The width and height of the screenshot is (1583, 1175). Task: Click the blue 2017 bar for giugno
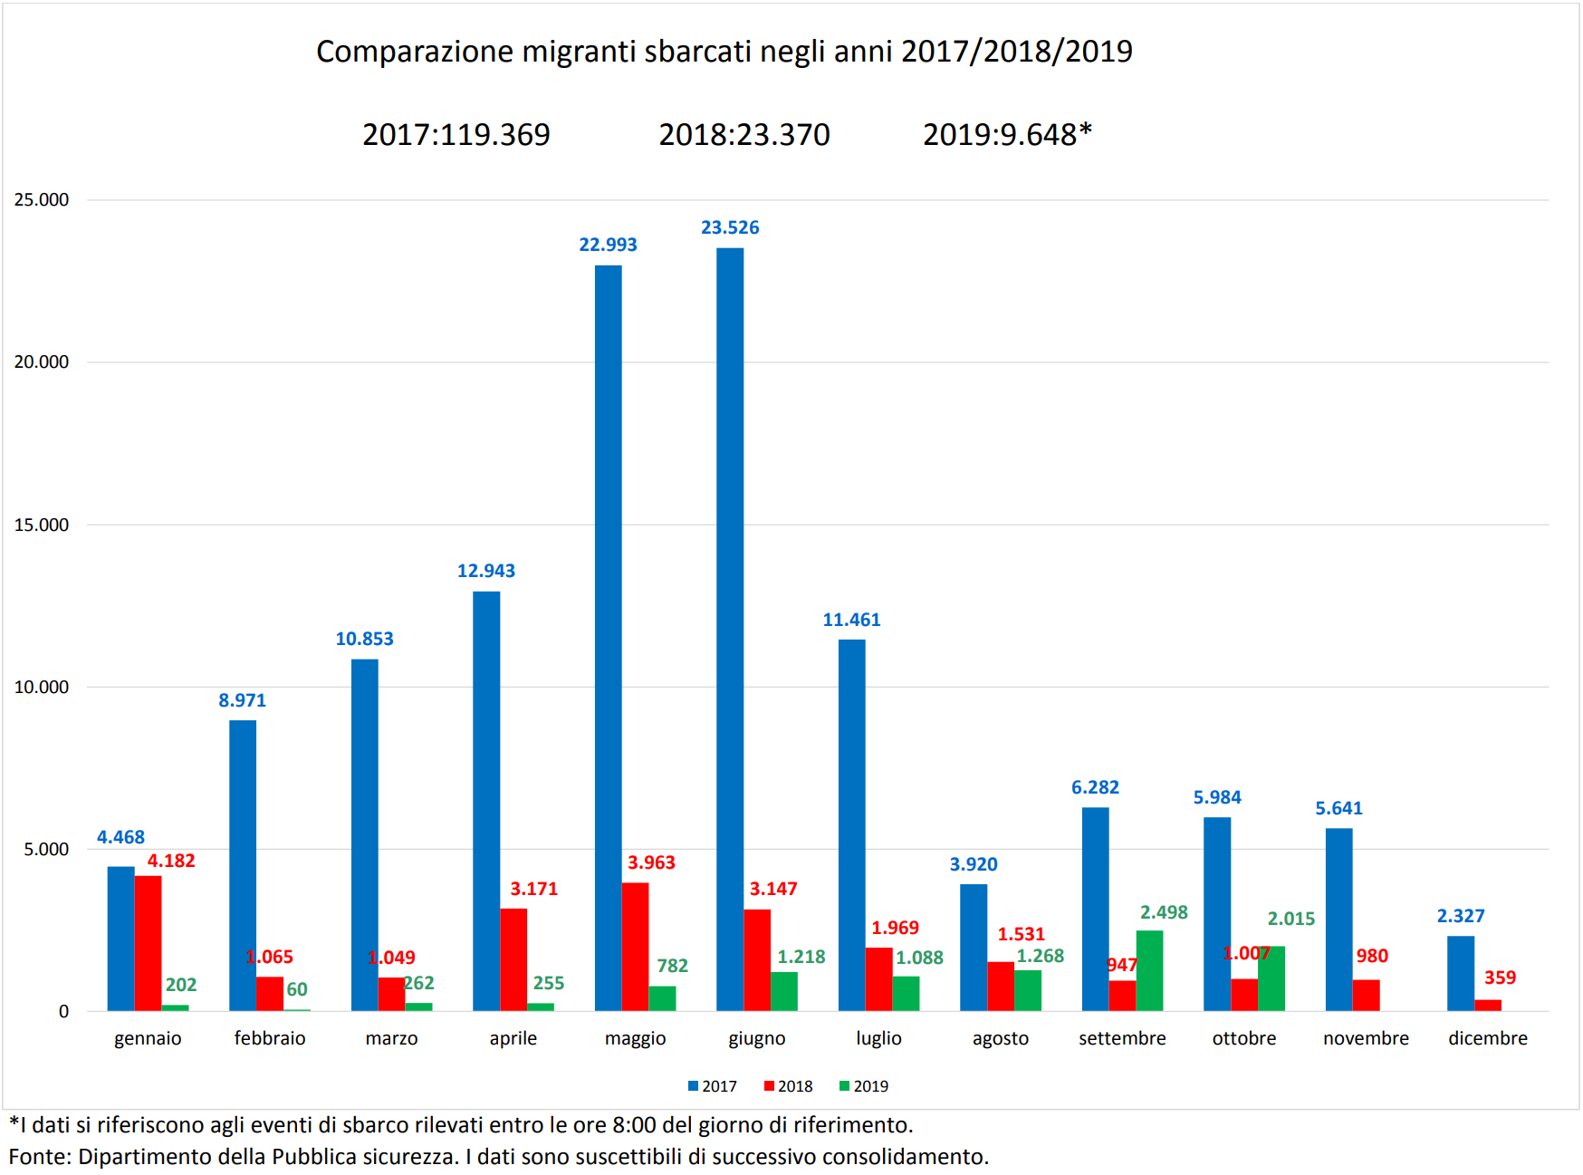(x=730, y=629)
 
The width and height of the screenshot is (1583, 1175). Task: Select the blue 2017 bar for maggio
(x=608, y=638)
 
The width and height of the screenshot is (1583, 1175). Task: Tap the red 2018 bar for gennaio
(x=148, y=943)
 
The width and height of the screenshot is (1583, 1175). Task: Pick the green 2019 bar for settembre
(x=1149, y=970)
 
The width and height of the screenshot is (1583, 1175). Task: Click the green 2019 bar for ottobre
(x=1271, y=978)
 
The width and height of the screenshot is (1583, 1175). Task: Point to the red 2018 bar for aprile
(x=513, y=959)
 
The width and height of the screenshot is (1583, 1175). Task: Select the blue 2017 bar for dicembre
(x=1460, y=973)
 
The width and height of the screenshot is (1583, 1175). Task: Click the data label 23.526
(x=730, y=227)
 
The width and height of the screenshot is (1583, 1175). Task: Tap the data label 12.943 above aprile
(x=485, y=571)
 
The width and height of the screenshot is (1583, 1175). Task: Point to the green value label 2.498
(x=1164, y=912)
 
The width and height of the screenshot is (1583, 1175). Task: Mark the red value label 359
(x=1500, y=978)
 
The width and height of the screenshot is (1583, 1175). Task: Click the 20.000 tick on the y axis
(x=41, y=361)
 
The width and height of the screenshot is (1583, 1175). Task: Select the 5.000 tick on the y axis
(x=46, y=849)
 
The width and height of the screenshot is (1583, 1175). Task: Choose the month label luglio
(x=878, y=1038)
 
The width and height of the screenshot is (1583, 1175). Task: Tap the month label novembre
(x=1366, y=1038)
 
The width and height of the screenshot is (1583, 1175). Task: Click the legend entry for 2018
(x=789, y=1086)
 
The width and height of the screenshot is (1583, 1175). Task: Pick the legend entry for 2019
(x=865, y=1086)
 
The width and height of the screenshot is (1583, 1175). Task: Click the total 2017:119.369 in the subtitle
(x=456, y=134)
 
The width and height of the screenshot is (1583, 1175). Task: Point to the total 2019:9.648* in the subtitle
(x=1007, y=134)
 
